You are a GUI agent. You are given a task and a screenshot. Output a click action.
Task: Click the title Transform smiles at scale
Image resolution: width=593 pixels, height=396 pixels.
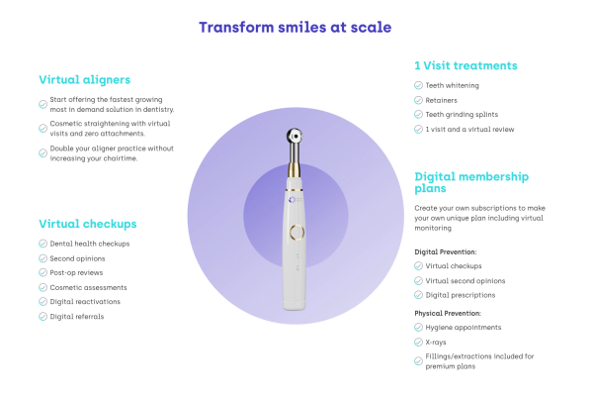(x=295, y=28)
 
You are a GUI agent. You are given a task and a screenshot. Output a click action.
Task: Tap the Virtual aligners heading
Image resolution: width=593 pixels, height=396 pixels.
(x=85, y=80)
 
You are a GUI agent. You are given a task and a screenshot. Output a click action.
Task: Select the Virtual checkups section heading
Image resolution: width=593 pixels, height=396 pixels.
(x=88, y=224)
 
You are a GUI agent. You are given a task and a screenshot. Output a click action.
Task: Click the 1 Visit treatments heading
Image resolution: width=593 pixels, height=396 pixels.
(x=466, y=65)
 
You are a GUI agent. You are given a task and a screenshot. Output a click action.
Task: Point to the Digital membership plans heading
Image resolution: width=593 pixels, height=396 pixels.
(x=471, y=182)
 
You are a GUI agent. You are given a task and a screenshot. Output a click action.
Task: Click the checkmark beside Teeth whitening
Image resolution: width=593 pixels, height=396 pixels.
(x=418, y=85)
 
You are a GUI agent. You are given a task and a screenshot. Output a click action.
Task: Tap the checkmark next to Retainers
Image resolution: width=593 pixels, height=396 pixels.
(x=418, y=100)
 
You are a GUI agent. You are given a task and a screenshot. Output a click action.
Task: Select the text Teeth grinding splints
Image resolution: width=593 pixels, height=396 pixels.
(x=462, y=115)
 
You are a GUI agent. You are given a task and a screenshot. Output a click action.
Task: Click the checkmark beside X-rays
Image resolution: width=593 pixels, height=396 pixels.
(x=418, y=343)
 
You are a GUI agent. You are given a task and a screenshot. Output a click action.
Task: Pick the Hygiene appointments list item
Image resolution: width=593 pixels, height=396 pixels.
(x=464, y=328)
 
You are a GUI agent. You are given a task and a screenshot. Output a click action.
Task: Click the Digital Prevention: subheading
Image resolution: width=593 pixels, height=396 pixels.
(x=446, y=252)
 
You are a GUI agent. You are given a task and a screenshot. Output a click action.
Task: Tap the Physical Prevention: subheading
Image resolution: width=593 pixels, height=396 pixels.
(x=448, y=314)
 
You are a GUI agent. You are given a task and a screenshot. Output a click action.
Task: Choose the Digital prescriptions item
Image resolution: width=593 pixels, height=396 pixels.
(x=461, y=295)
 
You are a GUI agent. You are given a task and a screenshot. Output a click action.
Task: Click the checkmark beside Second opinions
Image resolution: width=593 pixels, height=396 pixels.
(x=43, y=258)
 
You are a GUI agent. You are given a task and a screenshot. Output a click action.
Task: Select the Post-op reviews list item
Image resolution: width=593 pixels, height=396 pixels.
(x=76, y=273)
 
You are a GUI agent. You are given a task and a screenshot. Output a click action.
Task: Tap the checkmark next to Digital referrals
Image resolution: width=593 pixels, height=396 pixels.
(x=43, y=317)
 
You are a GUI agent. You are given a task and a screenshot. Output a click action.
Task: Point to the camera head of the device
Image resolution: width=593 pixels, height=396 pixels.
(x=295, y=137)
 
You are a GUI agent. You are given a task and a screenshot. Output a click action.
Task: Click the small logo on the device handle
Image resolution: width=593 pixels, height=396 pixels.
(x=292, y=200)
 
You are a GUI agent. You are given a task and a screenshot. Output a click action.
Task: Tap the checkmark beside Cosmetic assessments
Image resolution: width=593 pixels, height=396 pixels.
(x=43, y=288)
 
